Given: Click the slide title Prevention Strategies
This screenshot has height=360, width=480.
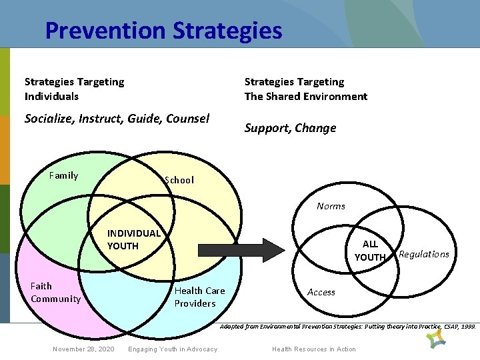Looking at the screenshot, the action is pos(163,31).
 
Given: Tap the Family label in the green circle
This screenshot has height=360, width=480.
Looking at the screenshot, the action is pos(64,175).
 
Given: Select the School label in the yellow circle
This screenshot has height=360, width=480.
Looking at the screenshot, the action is pos(179,180).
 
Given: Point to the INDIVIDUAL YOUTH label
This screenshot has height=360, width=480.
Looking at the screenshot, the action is pos(133,239).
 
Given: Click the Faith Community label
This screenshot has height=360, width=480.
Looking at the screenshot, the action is pos(55,292).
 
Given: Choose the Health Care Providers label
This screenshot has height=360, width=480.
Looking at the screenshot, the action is pos(199,297).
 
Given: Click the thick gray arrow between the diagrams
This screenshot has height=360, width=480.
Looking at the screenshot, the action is pos(240,249).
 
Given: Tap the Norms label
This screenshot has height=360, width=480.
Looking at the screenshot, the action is pos(331,206).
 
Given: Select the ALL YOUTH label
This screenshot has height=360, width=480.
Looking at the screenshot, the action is pos(370,251).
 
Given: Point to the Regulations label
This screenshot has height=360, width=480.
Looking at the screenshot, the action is pos(423,254).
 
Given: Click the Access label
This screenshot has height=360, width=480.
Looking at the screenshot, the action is pos(321,292).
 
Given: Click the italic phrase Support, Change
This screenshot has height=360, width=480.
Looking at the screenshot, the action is pos(290,128).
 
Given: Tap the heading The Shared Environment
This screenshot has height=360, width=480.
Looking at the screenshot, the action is pos(305,96).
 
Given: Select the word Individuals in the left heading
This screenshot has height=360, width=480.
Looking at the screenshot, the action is pos(51,96).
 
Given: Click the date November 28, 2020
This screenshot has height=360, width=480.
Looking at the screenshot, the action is pos(83,349).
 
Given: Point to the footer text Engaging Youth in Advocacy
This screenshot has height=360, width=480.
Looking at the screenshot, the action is pos(173,349).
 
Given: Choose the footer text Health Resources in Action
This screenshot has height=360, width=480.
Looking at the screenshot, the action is pos(314,349).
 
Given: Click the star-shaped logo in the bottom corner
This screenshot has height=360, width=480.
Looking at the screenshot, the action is pos(437,339).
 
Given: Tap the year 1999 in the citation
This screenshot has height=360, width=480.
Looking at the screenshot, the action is pos(469,327).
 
